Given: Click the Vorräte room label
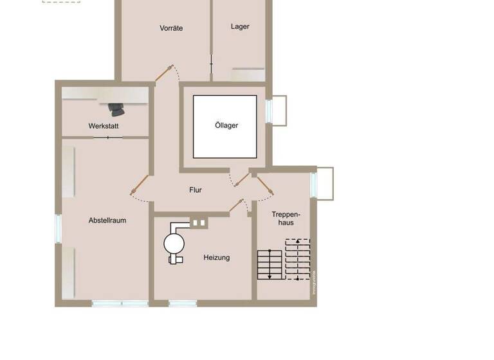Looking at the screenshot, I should coord(171,28).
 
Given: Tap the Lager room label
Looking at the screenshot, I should coord(240,26).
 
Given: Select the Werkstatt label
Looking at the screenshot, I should coord(104,126).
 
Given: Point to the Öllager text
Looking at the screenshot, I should coord(226,125).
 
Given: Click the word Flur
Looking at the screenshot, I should coord(196,190).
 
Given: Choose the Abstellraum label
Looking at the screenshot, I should coord(107,221).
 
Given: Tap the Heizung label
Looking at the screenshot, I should coord(216,257).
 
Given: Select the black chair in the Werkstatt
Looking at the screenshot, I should coord(116,109).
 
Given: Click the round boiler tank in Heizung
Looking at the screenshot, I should coord(174,243).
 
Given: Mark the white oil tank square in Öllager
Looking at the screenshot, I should coord(224,127).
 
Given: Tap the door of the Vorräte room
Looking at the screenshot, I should coord(164,73).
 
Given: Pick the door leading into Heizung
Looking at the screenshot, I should coord(241,206).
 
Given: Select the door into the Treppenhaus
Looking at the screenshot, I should coord(265,185).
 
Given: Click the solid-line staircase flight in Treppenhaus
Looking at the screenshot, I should coord(271,264).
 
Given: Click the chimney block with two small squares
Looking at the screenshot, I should coord(199,223).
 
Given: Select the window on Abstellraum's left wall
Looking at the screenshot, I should coord(58,228).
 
